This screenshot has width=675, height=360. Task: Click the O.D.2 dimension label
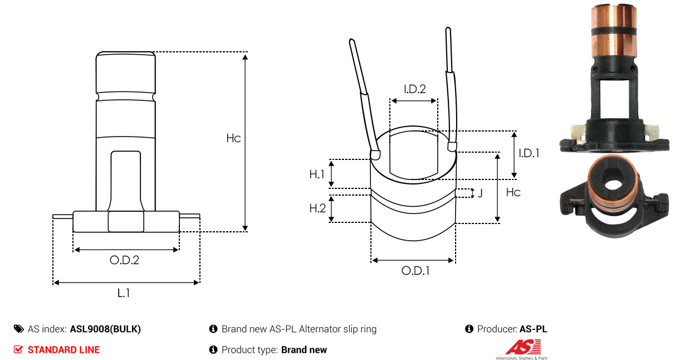click(124, 260)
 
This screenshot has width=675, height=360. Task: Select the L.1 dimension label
click(123, 293)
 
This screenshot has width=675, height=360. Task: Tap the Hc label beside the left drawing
click(233, 138)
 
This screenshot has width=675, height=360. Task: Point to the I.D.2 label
click(415, 89)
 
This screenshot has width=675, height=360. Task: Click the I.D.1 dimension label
click(529, 153)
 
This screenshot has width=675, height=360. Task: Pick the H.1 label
click(317, 174)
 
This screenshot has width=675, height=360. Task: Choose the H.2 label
click(317, 208)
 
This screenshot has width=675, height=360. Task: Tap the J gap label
click(480, 193)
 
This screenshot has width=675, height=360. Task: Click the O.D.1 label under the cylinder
click(415, 271)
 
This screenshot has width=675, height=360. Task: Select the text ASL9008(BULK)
click(105, 329)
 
